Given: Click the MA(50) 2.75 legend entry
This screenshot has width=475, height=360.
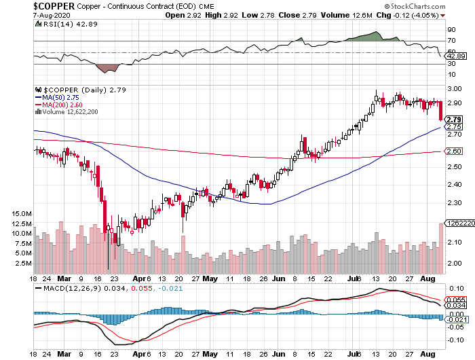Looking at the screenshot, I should point(61,98).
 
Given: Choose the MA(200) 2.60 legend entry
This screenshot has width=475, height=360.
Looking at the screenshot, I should point(63,105).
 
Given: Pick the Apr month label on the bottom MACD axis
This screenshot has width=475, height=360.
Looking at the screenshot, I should point(138,354).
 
